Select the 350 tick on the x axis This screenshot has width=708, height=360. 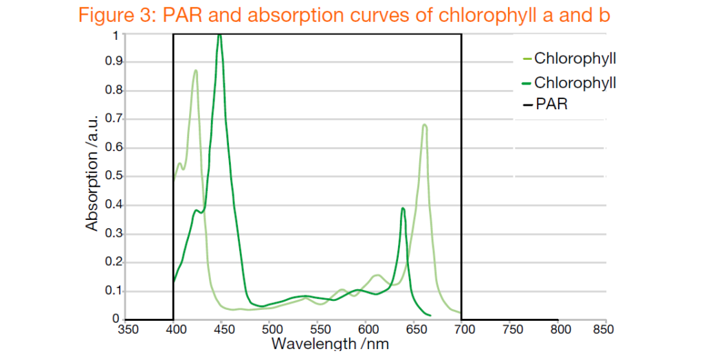pos(129,329)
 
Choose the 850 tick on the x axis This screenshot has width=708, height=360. pos(595,329)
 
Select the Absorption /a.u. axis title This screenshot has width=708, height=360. pos(91,172)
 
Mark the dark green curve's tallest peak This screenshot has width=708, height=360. pos(219,34)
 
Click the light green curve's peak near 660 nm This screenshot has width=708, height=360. pos(425,125)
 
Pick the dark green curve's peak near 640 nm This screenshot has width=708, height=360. pos(403,208)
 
